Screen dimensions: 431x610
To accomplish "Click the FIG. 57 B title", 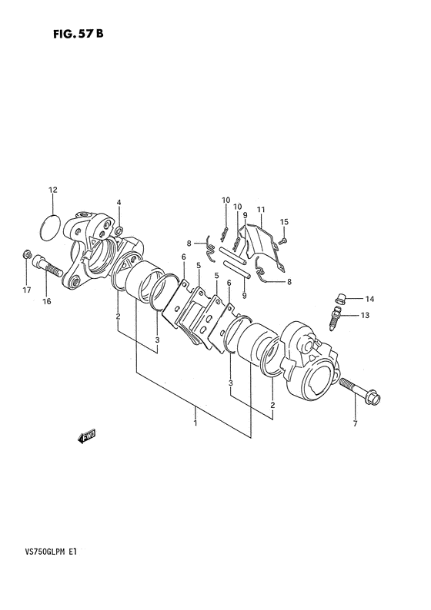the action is (79, 34).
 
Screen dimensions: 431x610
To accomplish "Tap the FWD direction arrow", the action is (87, 437).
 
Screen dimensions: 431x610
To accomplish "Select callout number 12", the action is (52, 190).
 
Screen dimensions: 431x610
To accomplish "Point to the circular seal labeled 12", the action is (51, 228).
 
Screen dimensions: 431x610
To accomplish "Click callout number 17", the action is (26, 290).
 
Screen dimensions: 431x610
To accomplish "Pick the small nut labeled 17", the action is (26, 254).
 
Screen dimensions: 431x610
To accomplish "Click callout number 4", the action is (119, 202).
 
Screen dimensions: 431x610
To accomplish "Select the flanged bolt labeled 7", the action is (359, 390).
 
